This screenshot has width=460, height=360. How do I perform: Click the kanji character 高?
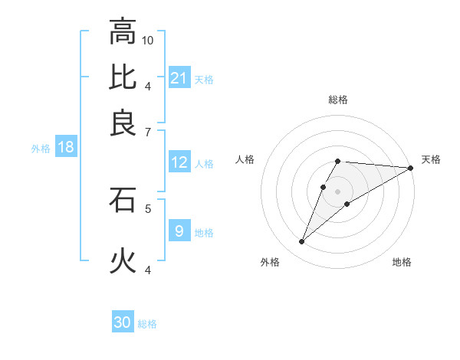(123, 32)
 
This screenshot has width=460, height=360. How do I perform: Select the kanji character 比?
(123, 77)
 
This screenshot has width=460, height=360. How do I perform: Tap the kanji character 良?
(123, 122)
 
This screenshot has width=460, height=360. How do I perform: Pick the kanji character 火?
(123, 261)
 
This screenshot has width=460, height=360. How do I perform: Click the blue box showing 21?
(179, 77)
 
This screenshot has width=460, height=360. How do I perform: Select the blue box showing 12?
(179, 162)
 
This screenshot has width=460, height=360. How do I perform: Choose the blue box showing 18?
(66, 147)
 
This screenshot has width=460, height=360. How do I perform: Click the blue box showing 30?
(123, 322)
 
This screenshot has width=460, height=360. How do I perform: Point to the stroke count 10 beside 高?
(148, 40)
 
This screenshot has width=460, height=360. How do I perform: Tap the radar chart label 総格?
(338, 100)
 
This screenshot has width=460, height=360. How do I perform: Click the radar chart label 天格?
(431, 159)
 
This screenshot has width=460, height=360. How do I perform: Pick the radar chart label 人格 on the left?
(245, 159)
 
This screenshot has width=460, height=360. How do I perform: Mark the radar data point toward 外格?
(302, 242)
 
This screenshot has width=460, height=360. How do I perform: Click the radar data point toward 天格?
(411, 168)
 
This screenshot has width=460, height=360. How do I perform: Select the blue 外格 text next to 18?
(41, 149)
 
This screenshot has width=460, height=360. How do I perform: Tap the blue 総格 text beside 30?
(147, 324)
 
